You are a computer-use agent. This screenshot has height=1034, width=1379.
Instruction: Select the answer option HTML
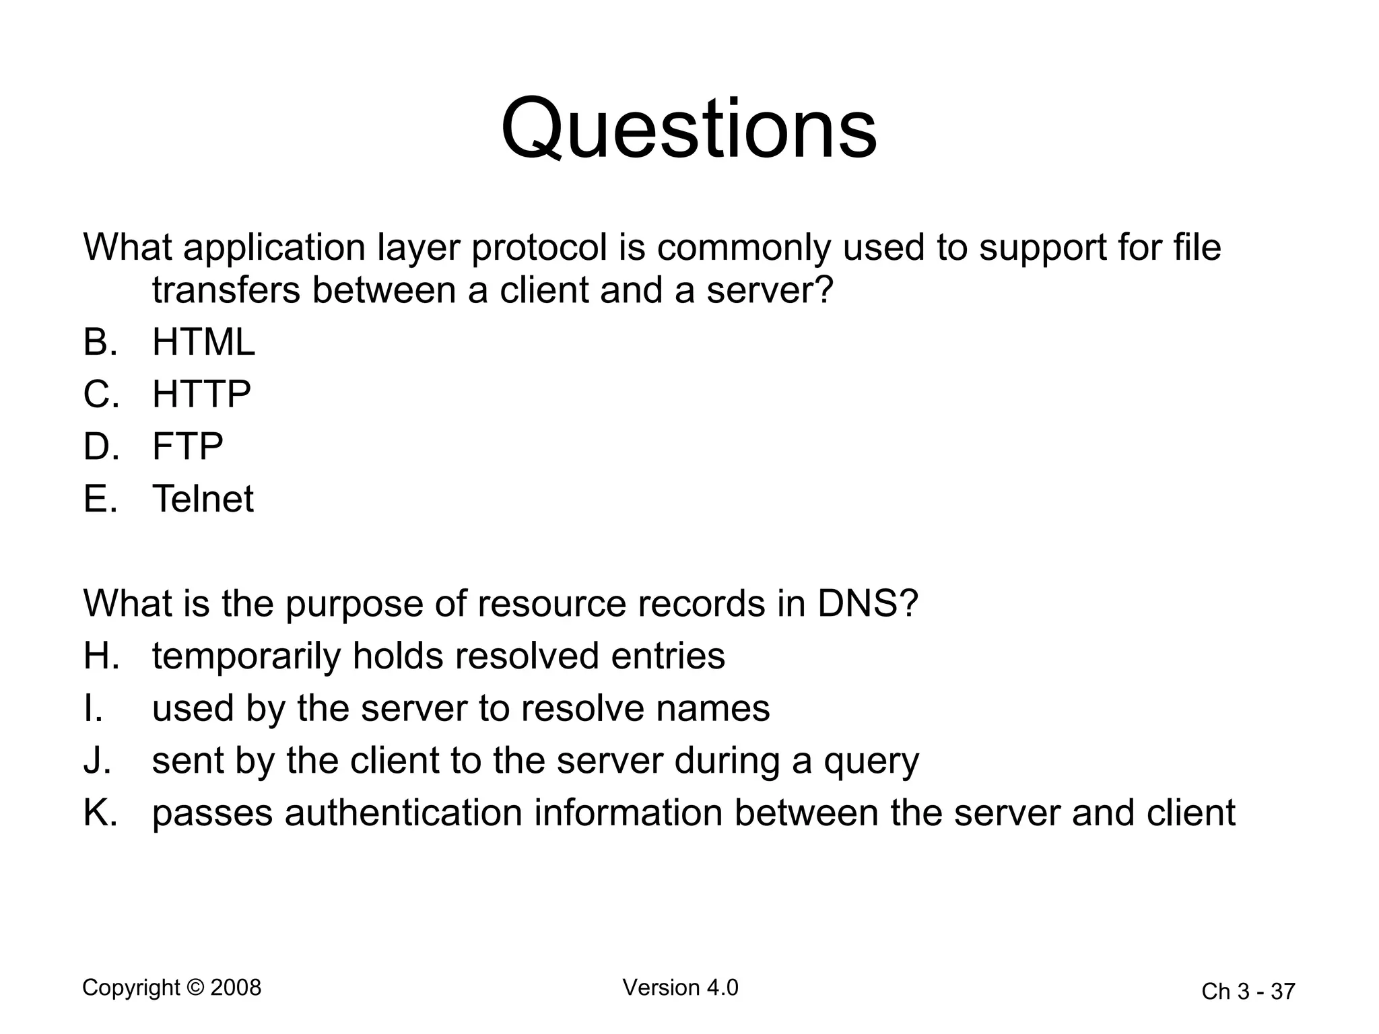click(203, 342)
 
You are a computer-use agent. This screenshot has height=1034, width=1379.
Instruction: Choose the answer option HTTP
click(201, 394)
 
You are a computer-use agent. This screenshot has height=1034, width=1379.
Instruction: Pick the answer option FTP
click(187, 446)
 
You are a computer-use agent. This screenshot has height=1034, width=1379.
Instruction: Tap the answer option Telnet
click(203, 499)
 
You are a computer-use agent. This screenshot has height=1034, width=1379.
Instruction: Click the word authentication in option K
click(403, 813)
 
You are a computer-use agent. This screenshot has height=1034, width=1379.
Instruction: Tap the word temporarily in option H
click(246, 657)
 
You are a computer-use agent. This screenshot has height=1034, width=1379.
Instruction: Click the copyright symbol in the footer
click(195, 988)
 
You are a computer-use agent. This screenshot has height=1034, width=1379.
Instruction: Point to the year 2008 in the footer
click(236, 988)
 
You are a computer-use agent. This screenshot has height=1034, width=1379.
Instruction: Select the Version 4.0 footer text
click(680, 988)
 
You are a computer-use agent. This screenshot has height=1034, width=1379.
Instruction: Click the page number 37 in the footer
click(1283, 992)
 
